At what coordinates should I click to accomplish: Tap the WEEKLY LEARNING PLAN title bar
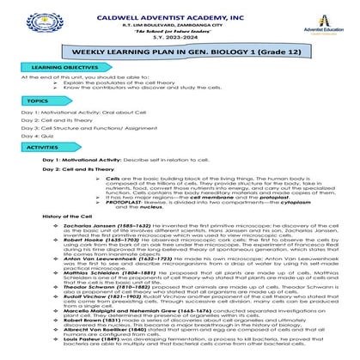[180, 52]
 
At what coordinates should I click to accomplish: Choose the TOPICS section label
[36, 101]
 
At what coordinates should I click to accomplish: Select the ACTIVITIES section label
[42, 147]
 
